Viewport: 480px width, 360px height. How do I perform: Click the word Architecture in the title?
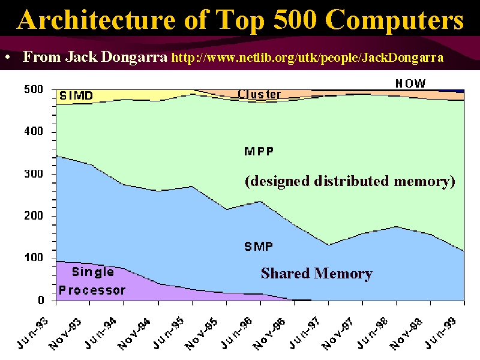pos(97,20)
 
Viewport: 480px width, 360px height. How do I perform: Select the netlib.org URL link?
pos(307,58)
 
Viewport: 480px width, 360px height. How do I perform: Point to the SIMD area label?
pos(76,96)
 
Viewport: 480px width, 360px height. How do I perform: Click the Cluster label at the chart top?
pos(259,94)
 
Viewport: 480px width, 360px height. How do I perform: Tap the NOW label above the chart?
pos(410,83)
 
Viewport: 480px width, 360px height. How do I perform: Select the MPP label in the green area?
pos(259,151)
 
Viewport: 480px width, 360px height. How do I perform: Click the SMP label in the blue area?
pos(259,247)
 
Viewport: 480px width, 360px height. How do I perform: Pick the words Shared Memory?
pos(317,274)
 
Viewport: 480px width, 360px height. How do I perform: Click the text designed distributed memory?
pos(350,181)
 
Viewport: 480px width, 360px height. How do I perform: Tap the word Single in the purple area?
pos(93,272)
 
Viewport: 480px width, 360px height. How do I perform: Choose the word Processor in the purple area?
pos(92,290)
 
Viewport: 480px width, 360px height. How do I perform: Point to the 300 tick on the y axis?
pos(34,174)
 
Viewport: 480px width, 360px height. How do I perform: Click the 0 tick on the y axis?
pos(41,301)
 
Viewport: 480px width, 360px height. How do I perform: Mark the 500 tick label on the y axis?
pos(34,89)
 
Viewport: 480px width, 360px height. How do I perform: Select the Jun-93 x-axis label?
pos(32,334)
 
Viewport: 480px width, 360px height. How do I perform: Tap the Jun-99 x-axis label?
pos(441,334)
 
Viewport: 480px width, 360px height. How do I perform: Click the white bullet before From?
pos(8,57)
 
